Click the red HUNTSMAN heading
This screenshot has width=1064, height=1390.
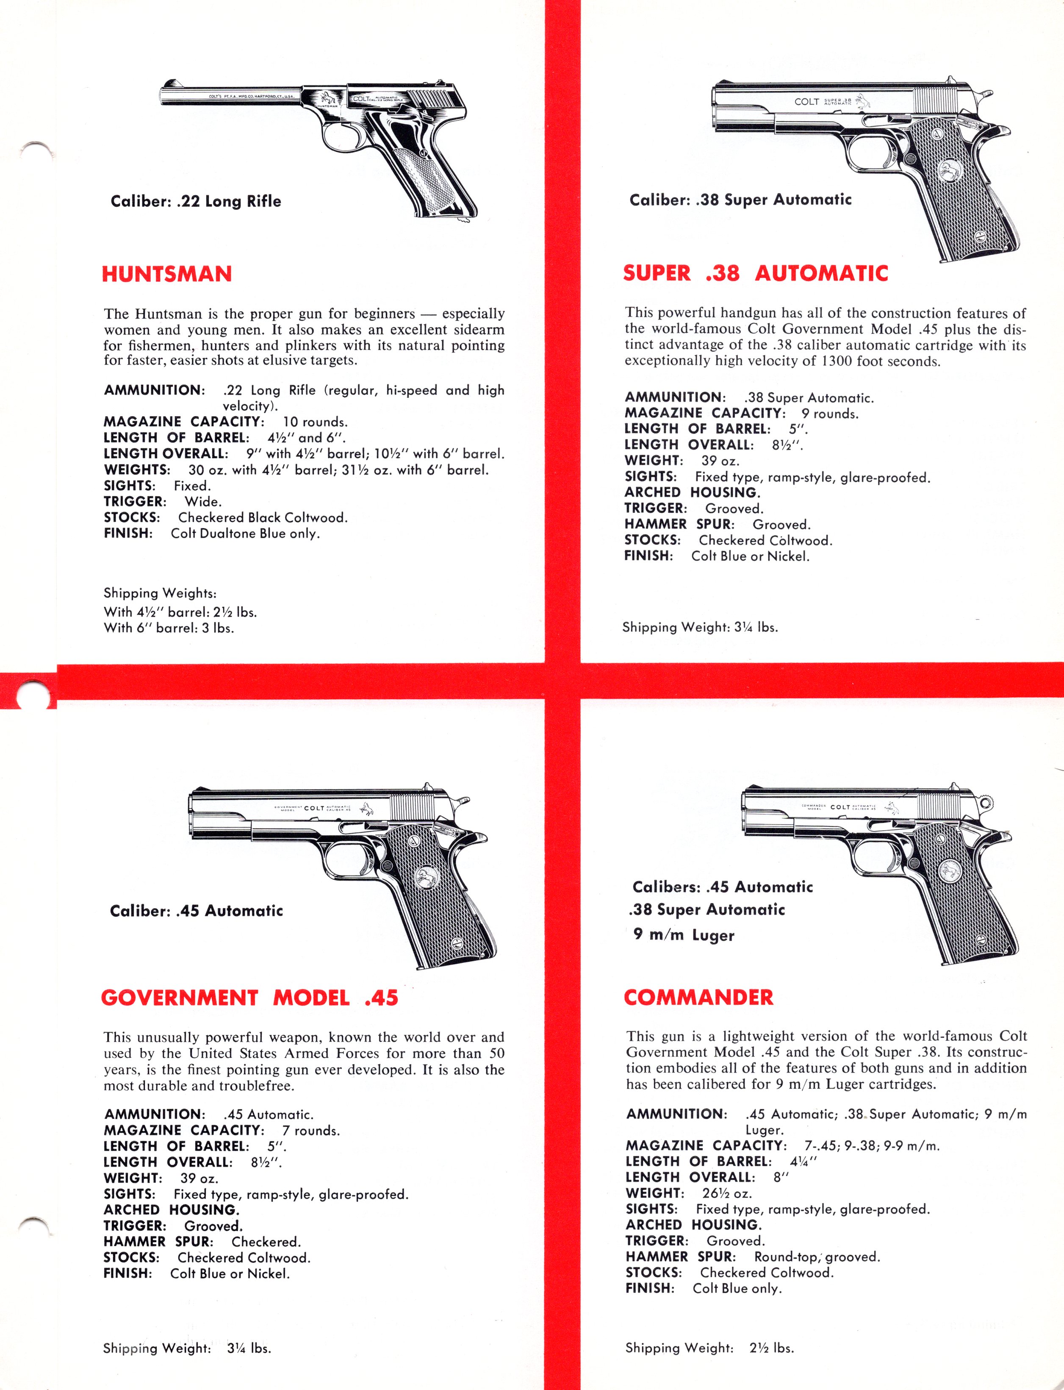point(166,274)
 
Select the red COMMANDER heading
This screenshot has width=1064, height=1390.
point(698,997)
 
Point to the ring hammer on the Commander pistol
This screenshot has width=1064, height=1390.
point(986,803)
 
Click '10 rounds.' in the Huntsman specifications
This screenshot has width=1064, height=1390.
point(315,422)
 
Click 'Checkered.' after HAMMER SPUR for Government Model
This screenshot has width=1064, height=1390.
point(266,1242)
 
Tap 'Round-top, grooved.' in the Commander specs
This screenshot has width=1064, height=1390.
point(816,1257)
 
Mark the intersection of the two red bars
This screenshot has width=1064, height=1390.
point(562,681)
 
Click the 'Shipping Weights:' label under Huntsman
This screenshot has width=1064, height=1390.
point(160,593)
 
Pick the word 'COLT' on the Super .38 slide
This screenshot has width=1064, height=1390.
point(806,101)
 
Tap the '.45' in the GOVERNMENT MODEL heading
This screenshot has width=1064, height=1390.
point(381,998)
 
